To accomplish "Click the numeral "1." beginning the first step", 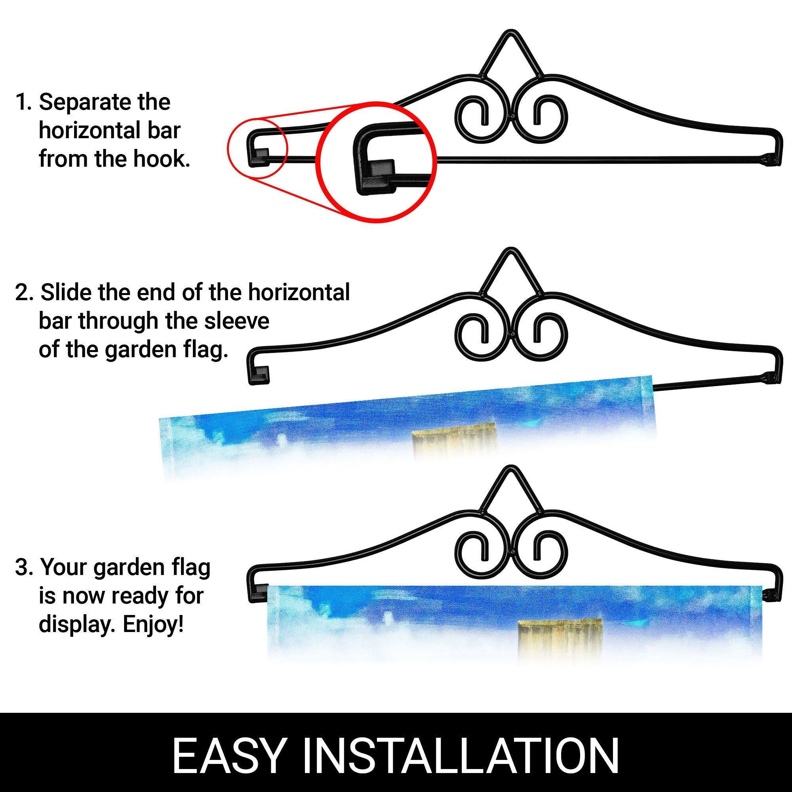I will coord(23,103).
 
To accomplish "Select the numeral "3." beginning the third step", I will coord(24,568).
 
